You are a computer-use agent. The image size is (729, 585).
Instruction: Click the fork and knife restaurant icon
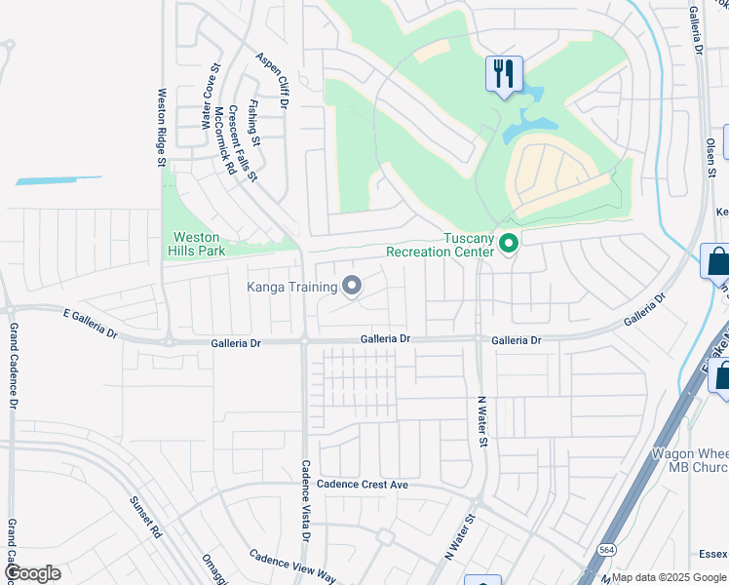(x=504, y=74)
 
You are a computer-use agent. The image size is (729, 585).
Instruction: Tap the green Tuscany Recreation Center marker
(x=508, y=243)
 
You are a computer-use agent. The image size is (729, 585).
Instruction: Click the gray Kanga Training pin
(x=352, y=286)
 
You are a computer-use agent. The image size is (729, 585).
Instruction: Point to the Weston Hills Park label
(x=200, y=244)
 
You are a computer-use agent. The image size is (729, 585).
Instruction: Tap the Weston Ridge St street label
(x=162, y=128)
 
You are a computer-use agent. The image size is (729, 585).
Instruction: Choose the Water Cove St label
(x=207, y=97)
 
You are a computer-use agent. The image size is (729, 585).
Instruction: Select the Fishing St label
(x=254, y=124)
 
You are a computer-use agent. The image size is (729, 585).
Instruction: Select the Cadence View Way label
(x=292, y=565)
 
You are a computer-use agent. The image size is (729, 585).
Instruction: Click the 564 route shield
(x=605, y=549)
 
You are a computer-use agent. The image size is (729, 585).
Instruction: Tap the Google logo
(x=31, y=573)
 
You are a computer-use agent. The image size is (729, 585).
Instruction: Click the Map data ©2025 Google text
(x=670, y=577)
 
